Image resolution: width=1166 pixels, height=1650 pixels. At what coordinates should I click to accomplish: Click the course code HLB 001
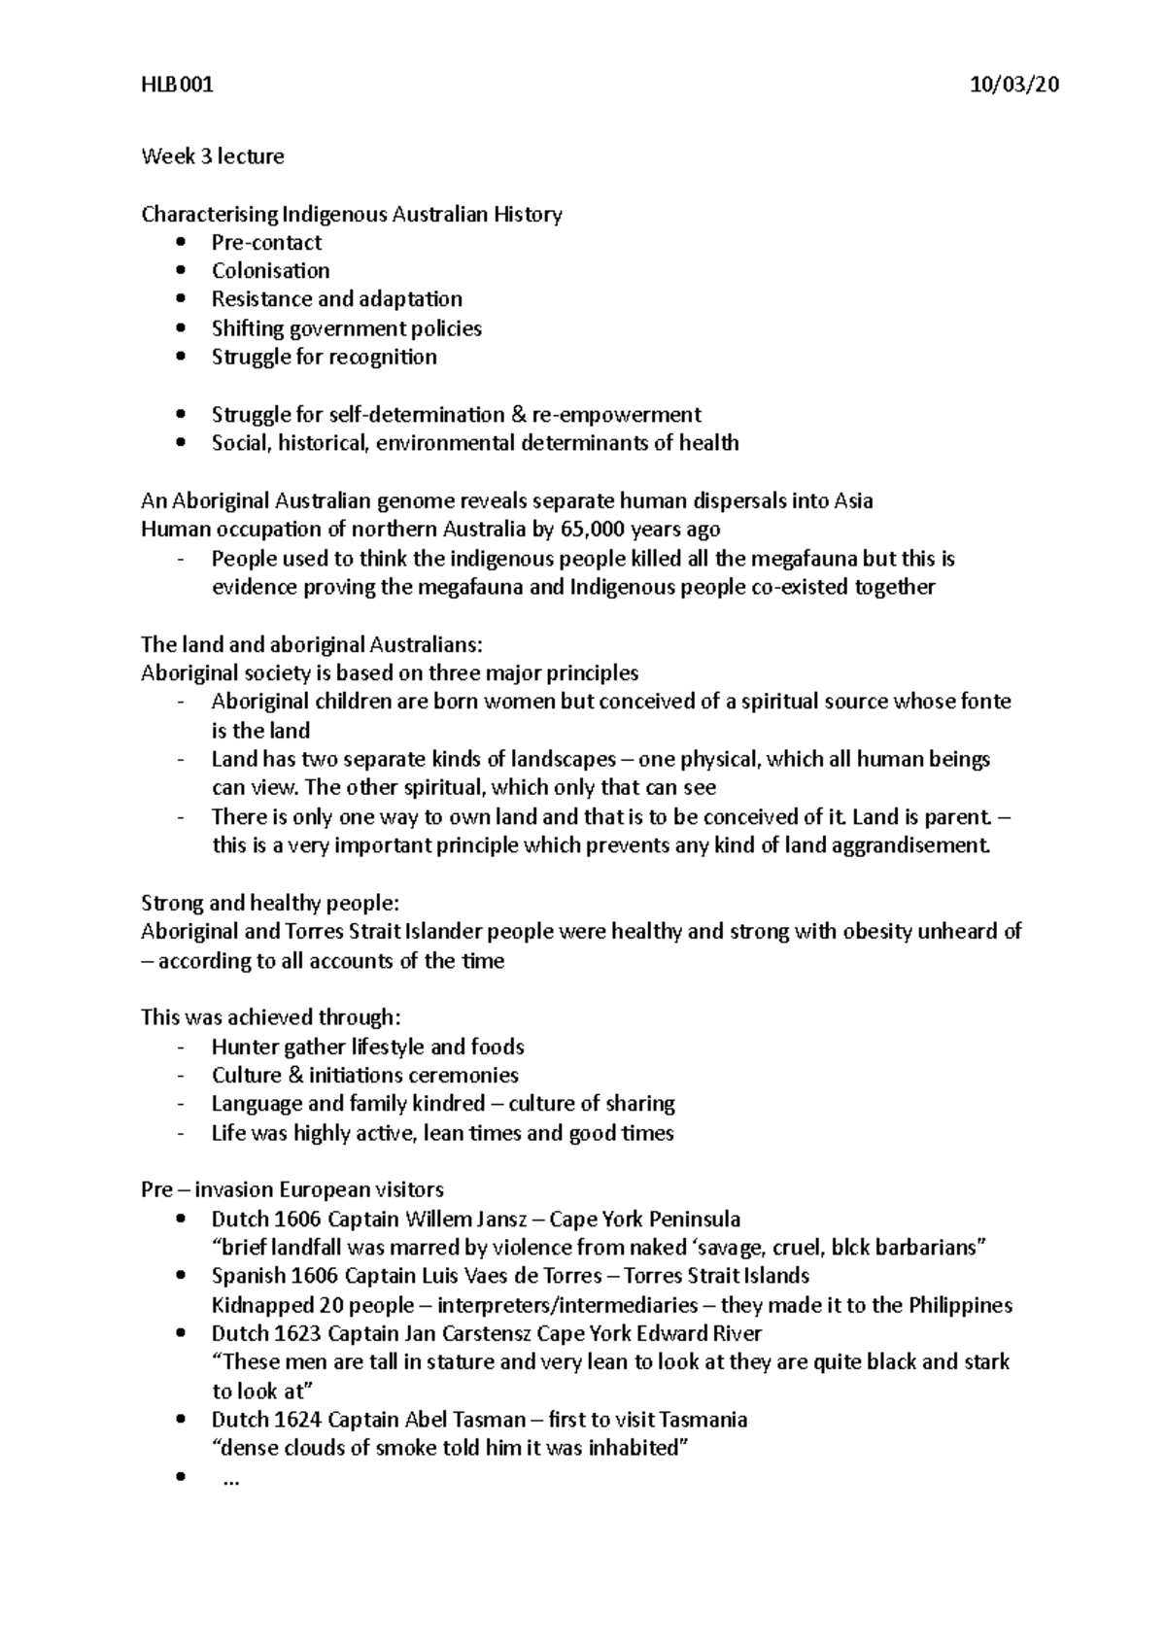click(176, 86)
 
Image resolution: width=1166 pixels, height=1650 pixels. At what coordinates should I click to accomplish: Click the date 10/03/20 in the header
click(1013, 86)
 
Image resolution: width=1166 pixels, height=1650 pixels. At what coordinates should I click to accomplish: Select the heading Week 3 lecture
click(212, 156)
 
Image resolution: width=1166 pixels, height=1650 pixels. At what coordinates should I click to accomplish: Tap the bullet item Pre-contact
click(266, 243)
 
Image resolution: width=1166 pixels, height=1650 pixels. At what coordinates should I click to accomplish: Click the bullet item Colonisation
click(270, 271)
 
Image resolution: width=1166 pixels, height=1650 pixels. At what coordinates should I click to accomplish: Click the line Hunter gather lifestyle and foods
click(367, 1048)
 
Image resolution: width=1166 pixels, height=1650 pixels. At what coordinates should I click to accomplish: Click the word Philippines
click(959, 1305)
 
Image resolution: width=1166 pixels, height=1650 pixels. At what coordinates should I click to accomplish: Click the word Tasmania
click(703, 1420)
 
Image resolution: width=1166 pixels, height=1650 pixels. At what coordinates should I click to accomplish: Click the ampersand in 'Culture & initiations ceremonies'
click(296, 1076)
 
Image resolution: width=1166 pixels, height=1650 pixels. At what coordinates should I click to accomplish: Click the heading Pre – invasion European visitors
click(291, 1190)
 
